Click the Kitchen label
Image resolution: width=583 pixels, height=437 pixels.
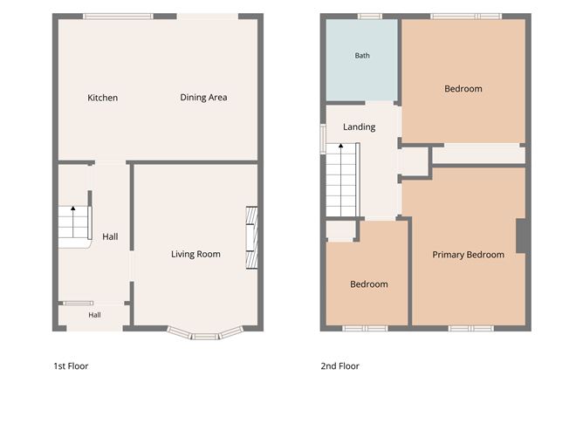pyautogui.click(x=103, y=98)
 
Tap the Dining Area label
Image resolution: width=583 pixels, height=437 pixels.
pyautogui.click(x=203, y=98)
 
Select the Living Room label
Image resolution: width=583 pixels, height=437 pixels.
pyautogui.click(x=195, y=254)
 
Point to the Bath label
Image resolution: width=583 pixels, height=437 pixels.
pyautogui.click(x=362, y=55)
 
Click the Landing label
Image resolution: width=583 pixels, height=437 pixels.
pyautogui.click(x=360, y=127)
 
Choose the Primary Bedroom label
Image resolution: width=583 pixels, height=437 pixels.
pyautogui.click(x=468, y=255)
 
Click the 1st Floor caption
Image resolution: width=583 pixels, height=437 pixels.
pyautogui.click(x=71, y=366)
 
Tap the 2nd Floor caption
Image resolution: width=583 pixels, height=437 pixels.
pyautogui.click(x=340, y=366)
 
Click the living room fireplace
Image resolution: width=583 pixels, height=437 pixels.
pyautogui.click(x=251, y=237)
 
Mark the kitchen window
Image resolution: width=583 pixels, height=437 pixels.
pyautogui.click(x=118, y=17)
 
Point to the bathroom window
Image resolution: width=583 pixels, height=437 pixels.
pyautogui.click(x=370, y=17)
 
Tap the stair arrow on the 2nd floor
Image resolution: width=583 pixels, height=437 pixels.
pyautogui.click(x=341, y=180)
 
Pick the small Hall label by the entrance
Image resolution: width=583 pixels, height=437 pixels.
pyautogui.click(x=94, y=315)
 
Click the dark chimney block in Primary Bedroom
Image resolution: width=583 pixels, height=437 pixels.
pyautogui.click(x=521, y=236)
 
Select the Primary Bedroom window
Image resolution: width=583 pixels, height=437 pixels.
pyautogui.click(x=471, y=329)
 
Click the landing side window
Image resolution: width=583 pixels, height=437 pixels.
pyautogui.click(x=323, y=139)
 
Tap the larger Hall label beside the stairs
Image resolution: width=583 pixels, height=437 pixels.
pyautogui.click(x=110, y=236)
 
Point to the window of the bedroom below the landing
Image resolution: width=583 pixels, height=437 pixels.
pyautogui.click(x=365, y=329)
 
